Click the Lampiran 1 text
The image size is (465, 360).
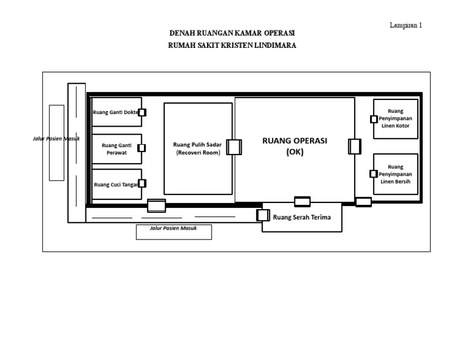click(405, 25)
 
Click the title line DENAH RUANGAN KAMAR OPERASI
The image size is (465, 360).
click(232, 33)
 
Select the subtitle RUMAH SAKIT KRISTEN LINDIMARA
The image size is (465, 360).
click(232, 45)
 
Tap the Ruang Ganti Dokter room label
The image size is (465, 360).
click(115, 112)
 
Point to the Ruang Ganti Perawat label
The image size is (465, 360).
click(116, 149)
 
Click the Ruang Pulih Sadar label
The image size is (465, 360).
click(197, 149)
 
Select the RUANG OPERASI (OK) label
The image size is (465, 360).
click(294, 146)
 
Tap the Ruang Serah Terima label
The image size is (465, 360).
click(302, 218)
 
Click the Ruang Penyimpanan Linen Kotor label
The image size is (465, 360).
click(395, 119)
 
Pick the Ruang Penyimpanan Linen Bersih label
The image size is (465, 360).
click(395, 174)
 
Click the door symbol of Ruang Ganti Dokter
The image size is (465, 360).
click(142, 112)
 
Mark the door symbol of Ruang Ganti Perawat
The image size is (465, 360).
click(142, 148)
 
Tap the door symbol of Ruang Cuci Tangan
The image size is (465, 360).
click(142, 184)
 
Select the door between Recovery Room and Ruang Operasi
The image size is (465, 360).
click(234, 147)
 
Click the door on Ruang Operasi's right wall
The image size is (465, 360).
click(354, 147)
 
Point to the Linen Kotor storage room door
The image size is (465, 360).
click(374, 119)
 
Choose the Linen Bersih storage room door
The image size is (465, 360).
click(374, 174)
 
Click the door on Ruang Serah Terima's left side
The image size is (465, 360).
click(263, 215)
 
